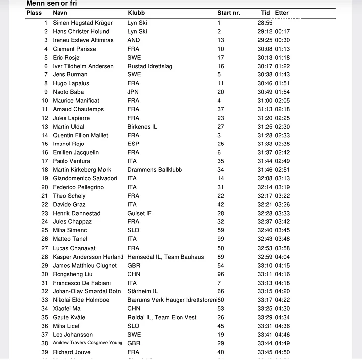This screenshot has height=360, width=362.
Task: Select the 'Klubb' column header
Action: pos(136,13)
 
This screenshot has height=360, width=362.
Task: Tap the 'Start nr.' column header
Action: pos(229,13)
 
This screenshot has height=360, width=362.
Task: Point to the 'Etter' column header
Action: pos(282,13)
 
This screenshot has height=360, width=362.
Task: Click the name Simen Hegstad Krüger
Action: pos(82,23)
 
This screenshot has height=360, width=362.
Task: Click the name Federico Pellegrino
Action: pos(79,187)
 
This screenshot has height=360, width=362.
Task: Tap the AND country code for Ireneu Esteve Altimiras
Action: pos(134,40)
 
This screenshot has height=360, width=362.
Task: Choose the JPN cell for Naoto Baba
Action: pos(133,92)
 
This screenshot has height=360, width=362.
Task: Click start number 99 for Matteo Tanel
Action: pos(221,239)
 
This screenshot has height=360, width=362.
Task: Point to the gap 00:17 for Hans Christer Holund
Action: pos(282,32)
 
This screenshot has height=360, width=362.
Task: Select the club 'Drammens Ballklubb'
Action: pos(155,170)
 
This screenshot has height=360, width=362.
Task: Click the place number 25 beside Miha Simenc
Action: pos(45,230)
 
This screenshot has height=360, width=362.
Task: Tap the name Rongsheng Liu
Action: pos(72,274)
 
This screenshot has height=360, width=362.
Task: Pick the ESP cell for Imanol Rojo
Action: pos(133,144)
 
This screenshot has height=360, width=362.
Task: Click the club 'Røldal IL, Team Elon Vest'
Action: pos(162,317)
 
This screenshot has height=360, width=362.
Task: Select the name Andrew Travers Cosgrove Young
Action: pos(88,343)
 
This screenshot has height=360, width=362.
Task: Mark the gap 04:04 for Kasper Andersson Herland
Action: pos(282,257)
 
